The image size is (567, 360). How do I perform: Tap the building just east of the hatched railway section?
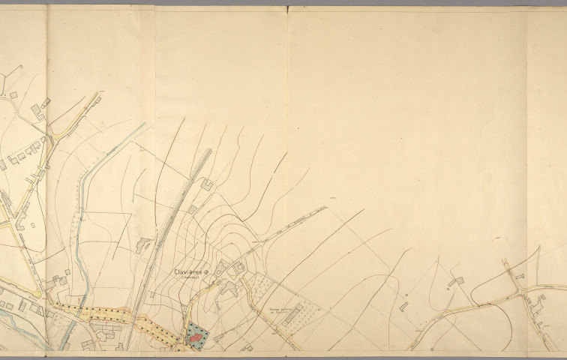coord(193,206)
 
